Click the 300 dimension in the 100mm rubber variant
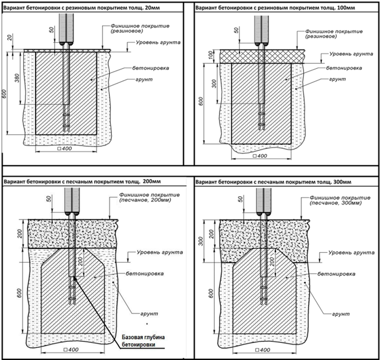coord(213,84)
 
